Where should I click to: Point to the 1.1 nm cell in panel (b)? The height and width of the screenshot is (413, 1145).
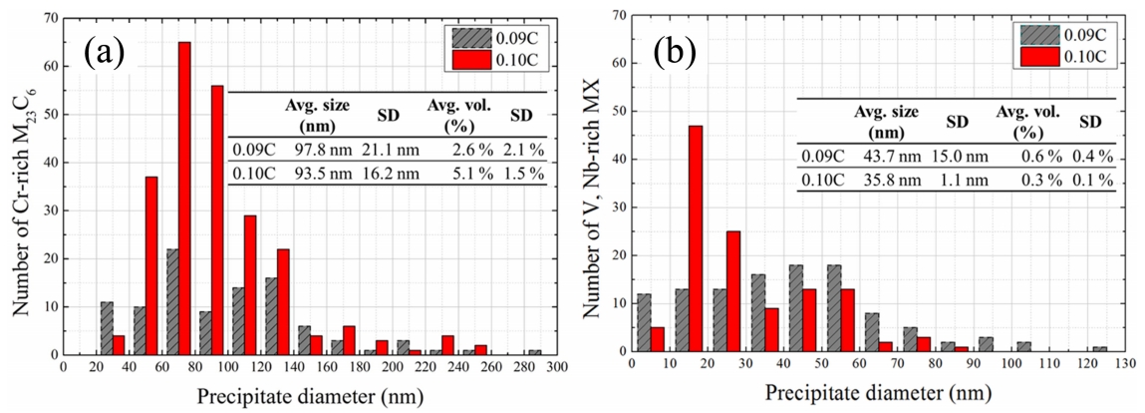pyautogui.click(x=956, y=179)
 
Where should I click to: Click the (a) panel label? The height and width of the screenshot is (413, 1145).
pyautogui.click(x=103, y=52)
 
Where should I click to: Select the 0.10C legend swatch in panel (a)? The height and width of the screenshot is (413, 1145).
pyautogui.click(x=468, y=58)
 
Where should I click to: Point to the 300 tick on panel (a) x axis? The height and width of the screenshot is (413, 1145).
pyautogui.click(x=556, y=366)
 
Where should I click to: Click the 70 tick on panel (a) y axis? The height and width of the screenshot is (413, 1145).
pyautogui.click(x=52, y=17)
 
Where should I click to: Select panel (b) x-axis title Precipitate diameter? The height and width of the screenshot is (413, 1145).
pyautogui.click(x=877, y=394)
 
